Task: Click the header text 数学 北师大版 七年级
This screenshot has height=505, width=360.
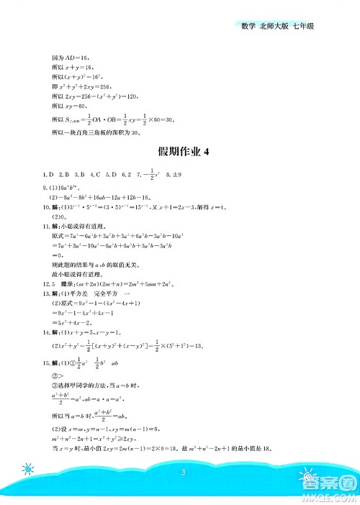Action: point(282,27)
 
